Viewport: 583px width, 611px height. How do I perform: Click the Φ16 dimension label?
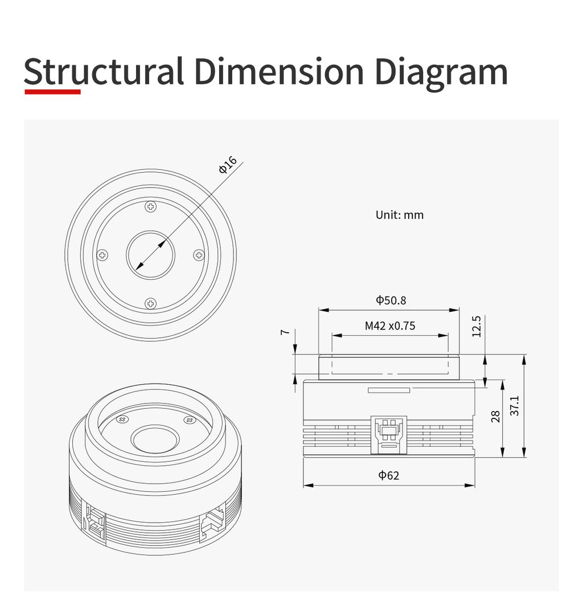(228, 164)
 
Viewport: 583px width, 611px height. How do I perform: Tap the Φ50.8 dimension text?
(391, 300)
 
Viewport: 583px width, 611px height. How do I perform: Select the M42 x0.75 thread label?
(390, 326)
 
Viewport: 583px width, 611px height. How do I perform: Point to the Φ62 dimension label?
(389, 475)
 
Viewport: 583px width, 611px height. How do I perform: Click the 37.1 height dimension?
(514, 406)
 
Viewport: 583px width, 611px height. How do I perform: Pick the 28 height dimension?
(495, 416)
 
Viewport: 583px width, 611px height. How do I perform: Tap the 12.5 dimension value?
(477, 327)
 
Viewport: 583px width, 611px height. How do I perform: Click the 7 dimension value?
(285, 332)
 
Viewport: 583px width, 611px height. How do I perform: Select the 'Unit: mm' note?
(399, 215)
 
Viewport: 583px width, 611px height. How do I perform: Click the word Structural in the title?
(104, 71)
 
